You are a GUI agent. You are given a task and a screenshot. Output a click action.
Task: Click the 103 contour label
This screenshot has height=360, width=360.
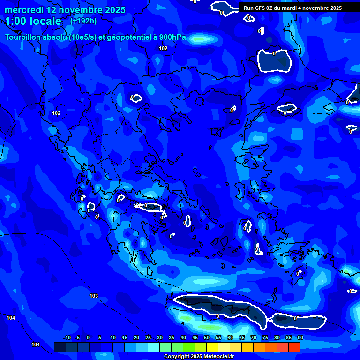pyautogui.click(x=94, y=296)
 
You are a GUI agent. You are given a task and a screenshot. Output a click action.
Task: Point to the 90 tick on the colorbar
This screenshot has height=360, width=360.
pyautogui.click(x=300, y=337)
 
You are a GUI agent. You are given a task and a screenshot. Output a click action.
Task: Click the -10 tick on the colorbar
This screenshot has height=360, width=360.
pyautogui.click(x=67, y=337)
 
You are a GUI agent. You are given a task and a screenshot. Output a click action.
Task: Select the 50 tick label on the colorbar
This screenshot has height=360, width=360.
pyautogui.click(x=207, y=337)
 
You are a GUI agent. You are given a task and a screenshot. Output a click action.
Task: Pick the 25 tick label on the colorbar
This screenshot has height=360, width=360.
pyautogui.click(x=148, y=337)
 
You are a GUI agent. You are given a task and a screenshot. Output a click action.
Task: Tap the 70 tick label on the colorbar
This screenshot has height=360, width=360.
pyautogui.click(x=254, y=337)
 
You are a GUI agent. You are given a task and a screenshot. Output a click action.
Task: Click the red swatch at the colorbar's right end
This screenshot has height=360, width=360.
pyautogui.click(x=294, y=347)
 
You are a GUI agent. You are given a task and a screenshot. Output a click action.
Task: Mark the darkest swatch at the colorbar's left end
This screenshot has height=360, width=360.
pyautogui.click(x=60, y=347)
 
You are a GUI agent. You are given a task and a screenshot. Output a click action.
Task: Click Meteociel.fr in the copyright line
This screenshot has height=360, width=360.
pyautogui.click(x=217, y=357)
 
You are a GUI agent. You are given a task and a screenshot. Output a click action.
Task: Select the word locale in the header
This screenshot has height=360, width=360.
pyautogui.click(x=45, y=21)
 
